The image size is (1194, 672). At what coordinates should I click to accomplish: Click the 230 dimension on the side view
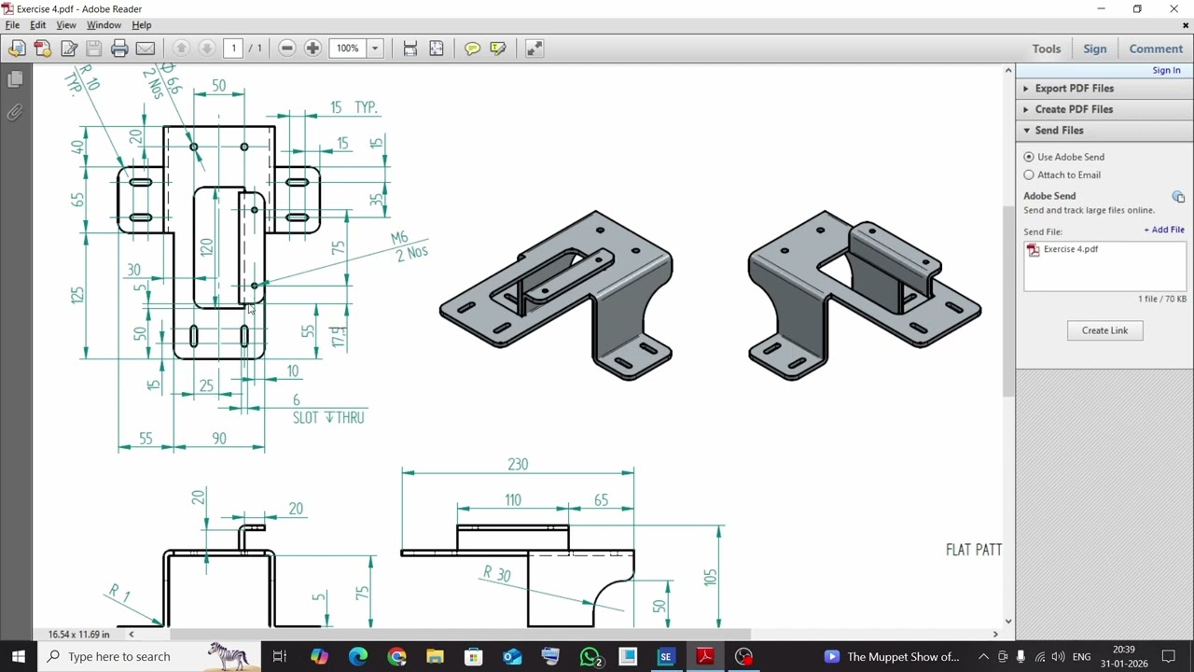pyautogui.click(x=518, y=464)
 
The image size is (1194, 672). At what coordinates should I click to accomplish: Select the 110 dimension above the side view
pyautogui.click(x=513, y=500)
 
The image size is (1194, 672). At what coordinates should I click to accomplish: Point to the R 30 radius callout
pyautogui.click(x=497, y=574)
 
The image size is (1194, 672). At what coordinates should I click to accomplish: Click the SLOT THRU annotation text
pyautogui.click(x=328, y=417)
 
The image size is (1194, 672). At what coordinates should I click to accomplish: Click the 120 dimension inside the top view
pyautogui.click(x=206, y=247)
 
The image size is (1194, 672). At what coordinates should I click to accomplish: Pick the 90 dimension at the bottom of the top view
pyautogui.click(x=219, y=439)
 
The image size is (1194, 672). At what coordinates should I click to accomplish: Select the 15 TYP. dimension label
pyautogui.click(x=354, y=107)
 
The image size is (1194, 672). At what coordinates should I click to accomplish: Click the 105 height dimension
pyautogui.click(x=711, y=577)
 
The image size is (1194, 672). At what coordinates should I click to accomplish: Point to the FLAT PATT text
pyautogui.click(x=973, y=550)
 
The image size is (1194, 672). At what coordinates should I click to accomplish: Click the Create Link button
pyautogui.click(x=1104, y=330)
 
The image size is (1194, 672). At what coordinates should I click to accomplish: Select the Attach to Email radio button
pyautogui.click(x=1029, y=175)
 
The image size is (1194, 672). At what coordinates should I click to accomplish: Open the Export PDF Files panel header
pyautogui.click(x=1074, y=89)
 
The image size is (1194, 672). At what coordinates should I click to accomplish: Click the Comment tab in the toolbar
pyautogui.click(x=1156, y=49)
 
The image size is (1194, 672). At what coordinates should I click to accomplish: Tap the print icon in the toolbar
pyautogui.click(x=119, y=49)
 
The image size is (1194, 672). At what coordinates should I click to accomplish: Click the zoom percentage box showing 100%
pyautogui.click(x=348, y=49)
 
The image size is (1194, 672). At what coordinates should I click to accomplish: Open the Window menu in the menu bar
pyautogui.click(x=104, y=25)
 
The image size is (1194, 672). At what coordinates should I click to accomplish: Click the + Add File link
pyautogui.click(x=1164, y=230)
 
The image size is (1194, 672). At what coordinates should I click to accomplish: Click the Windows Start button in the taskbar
pyautogui.click(x=18, y=656)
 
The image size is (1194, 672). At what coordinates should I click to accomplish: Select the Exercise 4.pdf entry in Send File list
pyautogui.click(x=1070, y=249)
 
